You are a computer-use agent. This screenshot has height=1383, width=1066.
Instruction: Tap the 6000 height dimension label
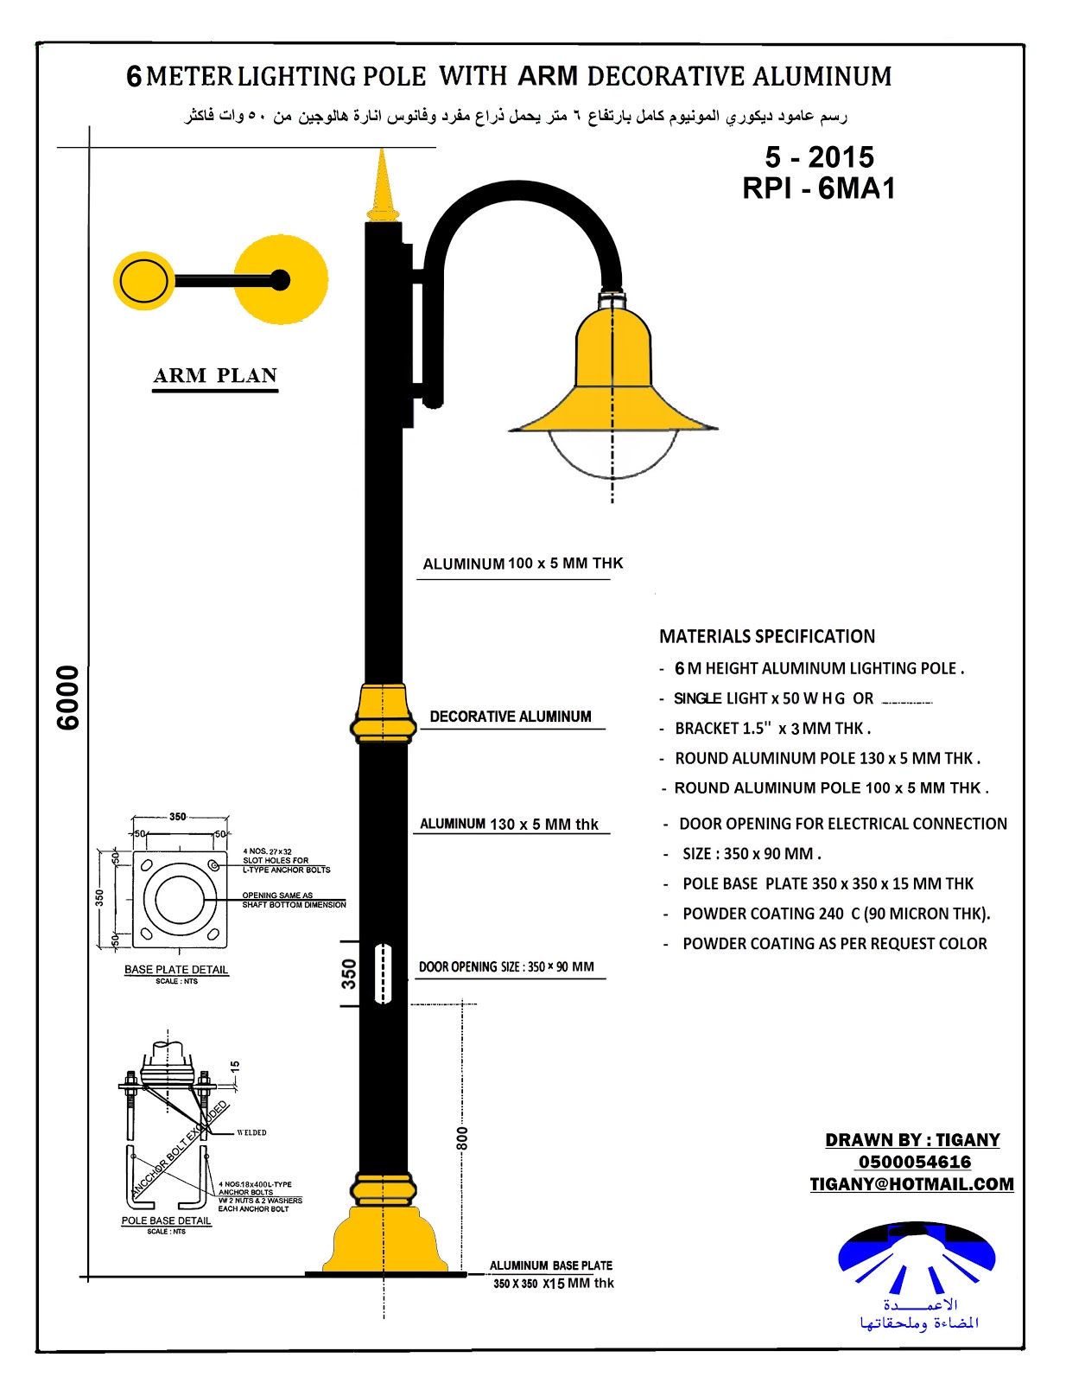pyautogui.click(x=68, y=698)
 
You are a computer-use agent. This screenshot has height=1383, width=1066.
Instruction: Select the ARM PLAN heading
pyautogui.click(x=215, y=376)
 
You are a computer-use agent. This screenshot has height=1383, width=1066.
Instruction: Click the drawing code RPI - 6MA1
pyautogui.click(x=818, y=188)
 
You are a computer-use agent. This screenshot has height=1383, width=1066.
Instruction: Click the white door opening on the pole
pyautogui.click(x=384, y=973)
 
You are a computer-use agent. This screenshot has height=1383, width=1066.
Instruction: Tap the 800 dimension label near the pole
pyautogui.click(x=463, y=1138)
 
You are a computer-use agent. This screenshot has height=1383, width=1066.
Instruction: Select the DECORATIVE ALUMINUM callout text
pyautogui.click(x=511, y=717)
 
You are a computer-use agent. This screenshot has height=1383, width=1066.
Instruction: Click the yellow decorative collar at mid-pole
pyautogui.click(x=384, y=713)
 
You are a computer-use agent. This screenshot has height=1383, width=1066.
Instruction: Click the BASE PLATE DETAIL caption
pyautogui.click(x=176, y=970)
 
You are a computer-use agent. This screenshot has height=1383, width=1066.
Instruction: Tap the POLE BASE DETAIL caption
pyautogui.click(x=166, y=1220)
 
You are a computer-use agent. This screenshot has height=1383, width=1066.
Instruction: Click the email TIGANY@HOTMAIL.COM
pyautogui.click(x=911, y=1184)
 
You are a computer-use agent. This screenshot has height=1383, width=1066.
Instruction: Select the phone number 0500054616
pyautogui.click(x=914, y=1162)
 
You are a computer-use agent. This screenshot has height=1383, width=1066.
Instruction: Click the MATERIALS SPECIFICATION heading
pyautogui.click(x=767, y=636)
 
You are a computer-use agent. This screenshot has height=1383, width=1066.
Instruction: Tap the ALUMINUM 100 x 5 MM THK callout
pyautogui.click(x=523, y=564)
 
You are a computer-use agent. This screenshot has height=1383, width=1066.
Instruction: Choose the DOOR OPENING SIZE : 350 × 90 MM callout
pyautogui.click(x=506, y=966)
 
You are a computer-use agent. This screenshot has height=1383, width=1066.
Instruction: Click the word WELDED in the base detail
pyautogui.click(x=251, y=1132)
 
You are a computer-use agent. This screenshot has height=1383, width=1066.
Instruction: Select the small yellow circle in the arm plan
pyautogui.click(x=143, y=281)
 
